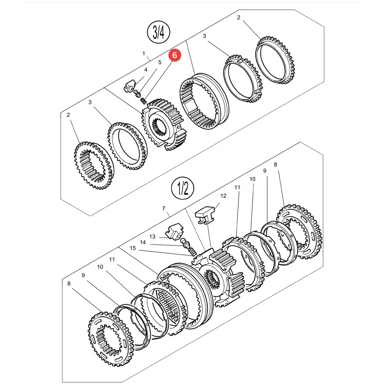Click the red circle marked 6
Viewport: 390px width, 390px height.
click(x=175, y=55)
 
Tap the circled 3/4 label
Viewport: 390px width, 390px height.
click(x=159, y=32)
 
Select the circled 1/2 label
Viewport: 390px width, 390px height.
click(x=183, y=188)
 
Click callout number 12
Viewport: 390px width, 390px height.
click(x=223, y=196)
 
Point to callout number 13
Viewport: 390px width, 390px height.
click(x=152, y=237)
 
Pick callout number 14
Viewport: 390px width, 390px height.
click(x=143, y=242)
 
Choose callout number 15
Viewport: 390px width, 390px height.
click(x=133, y=248)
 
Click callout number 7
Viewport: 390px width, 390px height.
click(x=164, y=209)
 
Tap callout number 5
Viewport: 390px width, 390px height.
click(x=160, y=62)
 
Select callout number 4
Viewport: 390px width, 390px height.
click(x=146, y=70)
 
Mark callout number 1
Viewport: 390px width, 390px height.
click(x=144, y=54)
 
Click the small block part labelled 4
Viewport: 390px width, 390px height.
click(x=129, y=85)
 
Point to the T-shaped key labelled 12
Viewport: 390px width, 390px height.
click(x=205, y=214)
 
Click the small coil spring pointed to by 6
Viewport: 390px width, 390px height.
click(x=143, y=101)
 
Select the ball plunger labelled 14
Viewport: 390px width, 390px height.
click(x=185, y=242)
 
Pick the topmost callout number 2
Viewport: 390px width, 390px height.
click(x=238, y=18)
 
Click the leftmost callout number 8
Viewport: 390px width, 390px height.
click(x=69, y=284)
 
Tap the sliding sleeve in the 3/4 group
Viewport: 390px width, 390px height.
click(x=204, y=101)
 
